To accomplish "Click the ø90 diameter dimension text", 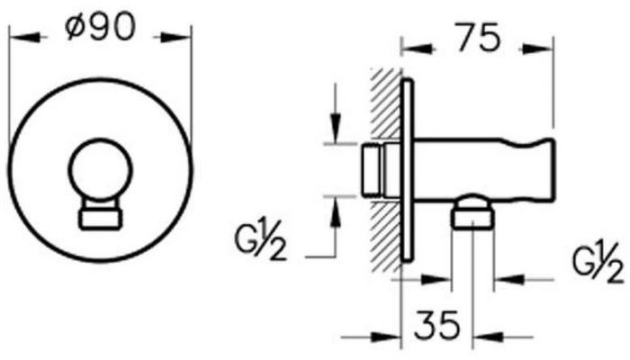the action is point(101,27).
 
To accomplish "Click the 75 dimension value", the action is point(480,38).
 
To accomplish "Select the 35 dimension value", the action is point(436,324).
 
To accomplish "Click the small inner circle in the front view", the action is point(100,170).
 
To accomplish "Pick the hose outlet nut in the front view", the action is point(100,220).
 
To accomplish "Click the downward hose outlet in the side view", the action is point(472,213).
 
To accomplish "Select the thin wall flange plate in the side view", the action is point(407,171).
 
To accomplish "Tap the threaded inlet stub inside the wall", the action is point(373,170).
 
